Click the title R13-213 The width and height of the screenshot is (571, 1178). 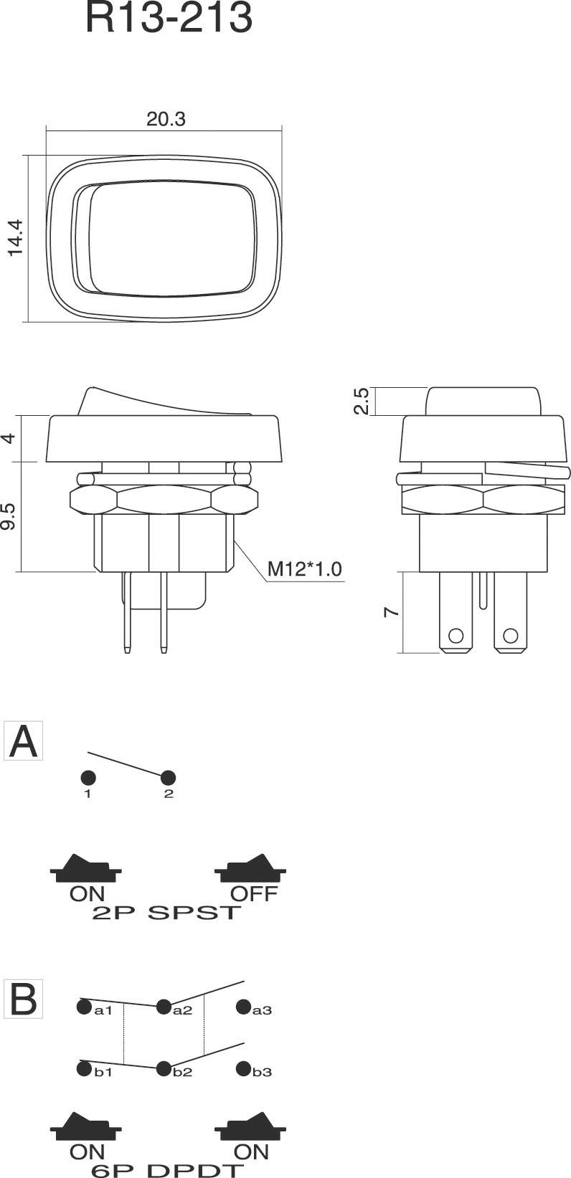tap(169, 19)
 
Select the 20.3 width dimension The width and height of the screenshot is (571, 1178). tap(166, 119)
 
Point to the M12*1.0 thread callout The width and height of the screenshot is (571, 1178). tap(304, 569)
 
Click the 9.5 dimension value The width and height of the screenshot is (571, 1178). tap(10, 516)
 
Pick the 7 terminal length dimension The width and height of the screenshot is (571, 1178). tap(390, 612)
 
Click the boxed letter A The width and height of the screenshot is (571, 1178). tap(24, 741)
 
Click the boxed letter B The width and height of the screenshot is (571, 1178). tap(24, 999)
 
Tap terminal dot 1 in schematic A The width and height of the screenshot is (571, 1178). tap(88, 778)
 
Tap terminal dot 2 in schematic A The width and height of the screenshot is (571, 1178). tap(169, 778)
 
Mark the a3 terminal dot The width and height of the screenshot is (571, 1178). tap(244, 1007)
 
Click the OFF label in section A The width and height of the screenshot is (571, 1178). tap(253, 893)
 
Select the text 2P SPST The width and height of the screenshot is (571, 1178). tap(166, 913)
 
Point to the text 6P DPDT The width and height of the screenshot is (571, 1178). tap(166, 1170)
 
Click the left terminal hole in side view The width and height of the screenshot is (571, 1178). tap(454, 635)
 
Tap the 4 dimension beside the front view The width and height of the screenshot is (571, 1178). tap(10, 437)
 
